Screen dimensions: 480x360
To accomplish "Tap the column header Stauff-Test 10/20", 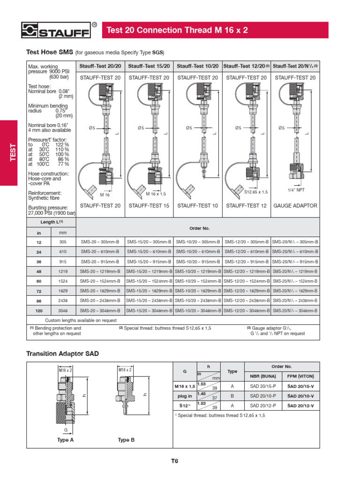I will [197, 66].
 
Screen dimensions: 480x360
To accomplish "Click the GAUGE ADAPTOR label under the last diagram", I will [295, 206].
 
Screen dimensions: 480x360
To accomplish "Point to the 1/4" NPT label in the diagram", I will [295, 190].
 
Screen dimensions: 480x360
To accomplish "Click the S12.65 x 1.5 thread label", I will [256, 192].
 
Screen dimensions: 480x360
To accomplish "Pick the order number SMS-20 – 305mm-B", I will [100, 242].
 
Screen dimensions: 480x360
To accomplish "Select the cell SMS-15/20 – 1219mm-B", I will [149, 271].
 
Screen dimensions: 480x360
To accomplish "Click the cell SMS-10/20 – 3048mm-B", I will [197, 311].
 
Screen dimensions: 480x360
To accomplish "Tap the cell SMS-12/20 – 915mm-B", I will [247, 262].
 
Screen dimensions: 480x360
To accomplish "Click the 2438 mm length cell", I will [63, 301].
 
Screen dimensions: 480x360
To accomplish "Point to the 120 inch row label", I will [39, 311].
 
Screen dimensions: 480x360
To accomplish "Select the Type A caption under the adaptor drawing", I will [66, 440].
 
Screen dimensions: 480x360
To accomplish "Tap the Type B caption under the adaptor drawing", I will [126, 440].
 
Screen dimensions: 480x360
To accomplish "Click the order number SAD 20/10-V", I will [300, 396].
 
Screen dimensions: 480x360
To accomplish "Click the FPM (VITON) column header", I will [300, 376].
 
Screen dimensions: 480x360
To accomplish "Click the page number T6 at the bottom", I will [175, 460].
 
